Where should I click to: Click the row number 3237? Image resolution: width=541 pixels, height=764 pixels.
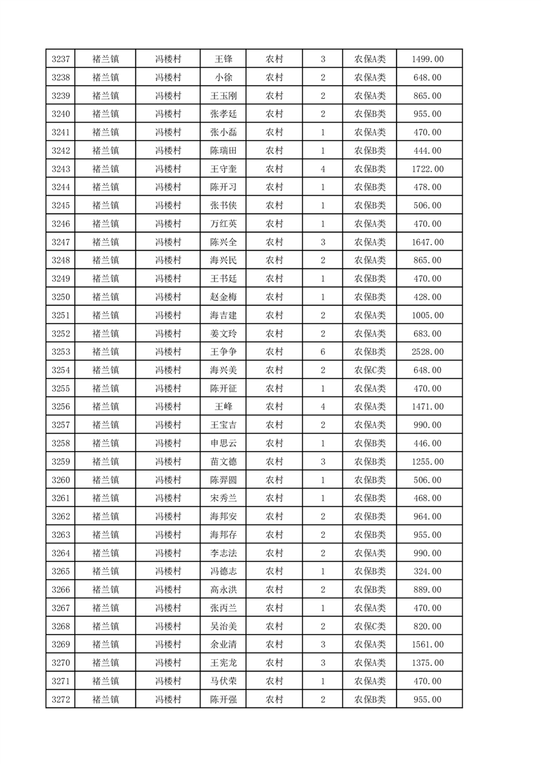(60, 59)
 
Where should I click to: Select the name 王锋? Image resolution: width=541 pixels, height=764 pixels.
(223, 59)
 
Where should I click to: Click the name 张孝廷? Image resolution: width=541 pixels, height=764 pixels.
(223, 114)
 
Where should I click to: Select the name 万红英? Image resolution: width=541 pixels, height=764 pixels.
(223, 224)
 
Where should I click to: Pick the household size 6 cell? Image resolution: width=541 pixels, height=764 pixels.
(322, 352)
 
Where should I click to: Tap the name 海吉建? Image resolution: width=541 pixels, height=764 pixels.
(223, 315)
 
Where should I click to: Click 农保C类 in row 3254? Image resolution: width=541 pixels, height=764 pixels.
(369, 370)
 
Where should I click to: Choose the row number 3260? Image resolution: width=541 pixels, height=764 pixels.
(60, 480)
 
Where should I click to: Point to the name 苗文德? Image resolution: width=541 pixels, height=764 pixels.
(223, 462)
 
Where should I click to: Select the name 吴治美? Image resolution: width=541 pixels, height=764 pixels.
(223, 626)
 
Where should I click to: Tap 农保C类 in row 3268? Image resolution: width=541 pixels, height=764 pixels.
(369, 626)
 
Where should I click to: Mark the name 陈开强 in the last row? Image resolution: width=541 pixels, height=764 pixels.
(223, 699)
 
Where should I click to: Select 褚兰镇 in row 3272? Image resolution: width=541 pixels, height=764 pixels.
(105, 699)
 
